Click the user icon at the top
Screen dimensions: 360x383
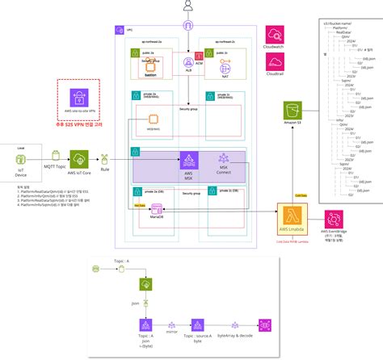[x=188, y=7]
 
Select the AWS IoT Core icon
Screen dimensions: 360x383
[x=78, y=158]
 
